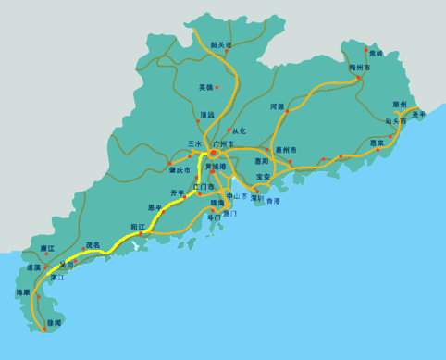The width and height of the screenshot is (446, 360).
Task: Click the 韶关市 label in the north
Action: (221, 43)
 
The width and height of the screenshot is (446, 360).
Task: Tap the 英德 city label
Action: (205, 87)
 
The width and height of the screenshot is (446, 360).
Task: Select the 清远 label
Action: (206, 115)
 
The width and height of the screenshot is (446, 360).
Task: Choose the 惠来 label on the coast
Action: (377, 143)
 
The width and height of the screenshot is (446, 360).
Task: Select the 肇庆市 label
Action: (180, 170)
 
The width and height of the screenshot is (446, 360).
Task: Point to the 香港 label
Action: (272, 201)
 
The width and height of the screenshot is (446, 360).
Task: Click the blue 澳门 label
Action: (229, 214)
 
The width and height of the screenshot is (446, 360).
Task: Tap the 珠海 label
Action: (218, 202)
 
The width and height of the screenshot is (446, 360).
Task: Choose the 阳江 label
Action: (137, 226)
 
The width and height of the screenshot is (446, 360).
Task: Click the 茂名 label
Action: (93, 245)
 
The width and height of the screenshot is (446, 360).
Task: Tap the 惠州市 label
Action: (285, 149)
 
